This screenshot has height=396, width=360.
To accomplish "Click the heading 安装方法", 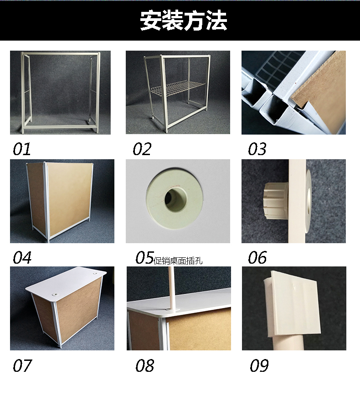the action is pos(183,20).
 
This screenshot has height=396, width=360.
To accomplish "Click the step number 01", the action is pos(22,149).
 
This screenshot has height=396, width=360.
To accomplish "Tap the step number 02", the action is pos(142,149).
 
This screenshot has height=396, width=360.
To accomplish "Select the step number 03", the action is pos(257,149).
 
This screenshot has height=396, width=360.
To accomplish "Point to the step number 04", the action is pos(22,258).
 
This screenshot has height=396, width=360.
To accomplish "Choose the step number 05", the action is pos(144,258).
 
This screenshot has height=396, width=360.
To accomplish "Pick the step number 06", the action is pos(257,258).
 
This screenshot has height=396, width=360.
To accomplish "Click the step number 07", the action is pos(22,365).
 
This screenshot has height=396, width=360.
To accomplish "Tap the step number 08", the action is pos(144,365).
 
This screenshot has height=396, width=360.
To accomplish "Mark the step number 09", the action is pos(259,365).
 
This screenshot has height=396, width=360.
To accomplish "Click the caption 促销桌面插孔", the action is pos(178,261).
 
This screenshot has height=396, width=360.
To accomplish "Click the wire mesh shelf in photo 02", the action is pos(177,88).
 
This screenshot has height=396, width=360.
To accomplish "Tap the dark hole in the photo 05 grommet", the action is pos(176,199).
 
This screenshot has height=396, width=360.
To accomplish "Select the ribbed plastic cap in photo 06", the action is pos(276,201).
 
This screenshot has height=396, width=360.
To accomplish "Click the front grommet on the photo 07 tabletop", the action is pos(54,294).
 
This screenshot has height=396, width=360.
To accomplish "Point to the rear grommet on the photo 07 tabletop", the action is pos(96,274).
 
